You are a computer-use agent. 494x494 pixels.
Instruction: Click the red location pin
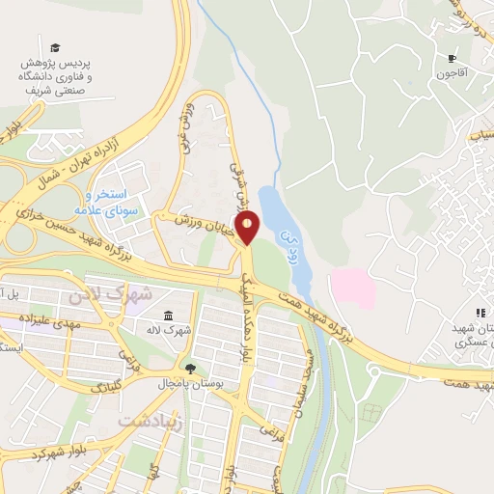point(248,228)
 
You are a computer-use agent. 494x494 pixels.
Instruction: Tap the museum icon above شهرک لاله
point(169,316)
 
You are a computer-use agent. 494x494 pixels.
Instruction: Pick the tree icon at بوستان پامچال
point(189,369)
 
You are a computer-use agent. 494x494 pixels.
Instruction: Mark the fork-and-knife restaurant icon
point(480,313)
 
